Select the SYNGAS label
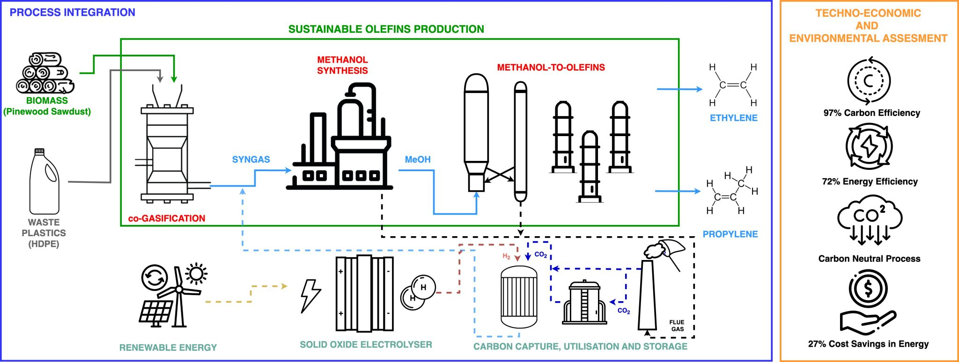click(251, 159)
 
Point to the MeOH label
click(418, 159)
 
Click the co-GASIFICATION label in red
click(167, 218)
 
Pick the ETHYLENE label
click(734, 118)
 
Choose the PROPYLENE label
click(730, 234)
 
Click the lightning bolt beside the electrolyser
click(310, 296)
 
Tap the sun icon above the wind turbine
click(196, 274)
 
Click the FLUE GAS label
click(677, 326)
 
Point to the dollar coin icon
click(868, 289)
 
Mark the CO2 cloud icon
click(870, 220)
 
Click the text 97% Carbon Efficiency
click(871, 113)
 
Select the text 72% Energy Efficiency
click(870, 181)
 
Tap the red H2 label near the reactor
click(506, 256)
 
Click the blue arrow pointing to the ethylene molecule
click(679, 89)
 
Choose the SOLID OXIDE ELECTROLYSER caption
click(366, 345)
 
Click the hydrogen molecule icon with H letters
click(418, 292)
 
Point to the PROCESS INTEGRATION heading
click(73, 13)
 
